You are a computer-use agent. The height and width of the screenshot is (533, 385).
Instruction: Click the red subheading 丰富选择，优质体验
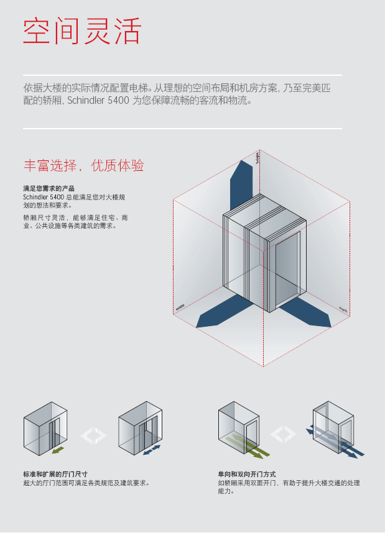click(x=83, y=166)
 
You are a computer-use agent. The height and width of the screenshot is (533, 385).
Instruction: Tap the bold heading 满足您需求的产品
click(x=49, y=188)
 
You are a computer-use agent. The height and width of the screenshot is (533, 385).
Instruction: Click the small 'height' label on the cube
click(x=257, y=157)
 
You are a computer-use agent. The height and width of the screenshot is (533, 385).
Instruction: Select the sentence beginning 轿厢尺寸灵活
click(x=75, y=222)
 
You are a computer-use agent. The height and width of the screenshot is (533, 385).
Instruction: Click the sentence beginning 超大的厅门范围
click(x=86, y=483)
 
